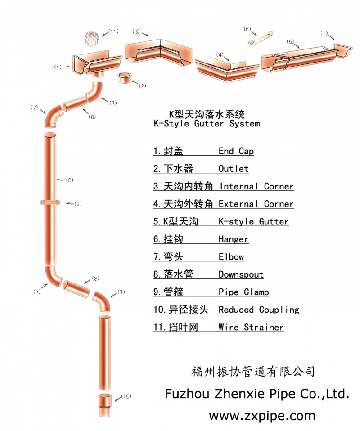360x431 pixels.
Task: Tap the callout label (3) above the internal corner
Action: (136, 31)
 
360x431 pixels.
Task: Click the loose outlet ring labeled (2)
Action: (124, 78)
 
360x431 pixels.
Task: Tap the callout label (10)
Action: (126, 396)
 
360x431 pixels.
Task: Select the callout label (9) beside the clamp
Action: (77, 204)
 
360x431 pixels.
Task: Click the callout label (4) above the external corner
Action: (220, 54)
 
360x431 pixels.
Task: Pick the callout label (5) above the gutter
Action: (290, 42)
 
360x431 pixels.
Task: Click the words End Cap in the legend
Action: (236, 151)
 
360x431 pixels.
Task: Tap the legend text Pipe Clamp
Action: (243, 292)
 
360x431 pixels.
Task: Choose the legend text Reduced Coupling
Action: (259, 310)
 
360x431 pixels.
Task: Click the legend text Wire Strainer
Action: (251, 327)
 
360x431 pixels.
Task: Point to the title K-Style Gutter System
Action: (207, 123)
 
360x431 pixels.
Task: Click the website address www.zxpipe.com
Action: (262, 415)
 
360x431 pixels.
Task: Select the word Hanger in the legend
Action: (233, 239)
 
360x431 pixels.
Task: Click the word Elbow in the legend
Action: (231, 257)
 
